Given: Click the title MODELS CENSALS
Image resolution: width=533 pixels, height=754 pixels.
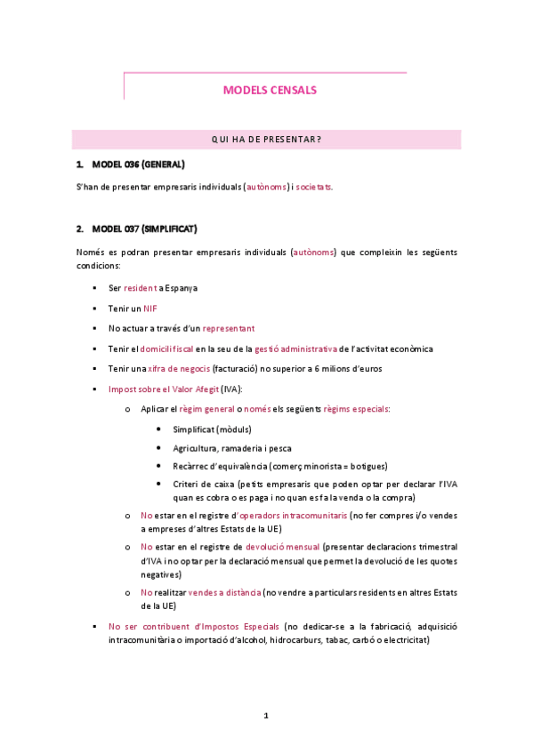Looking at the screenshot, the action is click(x=269, y=90).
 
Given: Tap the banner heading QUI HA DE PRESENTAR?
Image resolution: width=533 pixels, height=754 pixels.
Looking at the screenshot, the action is click(x=266, y=140).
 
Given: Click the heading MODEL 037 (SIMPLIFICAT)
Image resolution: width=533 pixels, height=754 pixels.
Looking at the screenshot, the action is click(x=144, y=229).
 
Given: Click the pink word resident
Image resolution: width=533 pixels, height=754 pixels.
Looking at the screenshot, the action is click(x=138, y=288).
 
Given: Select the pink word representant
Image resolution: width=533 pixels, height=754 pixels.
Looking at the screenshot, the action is click(x=229, y=328).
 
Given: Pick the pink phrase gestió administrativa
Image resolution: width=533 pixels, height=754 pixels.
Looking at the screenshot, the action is click(x=296, y=349).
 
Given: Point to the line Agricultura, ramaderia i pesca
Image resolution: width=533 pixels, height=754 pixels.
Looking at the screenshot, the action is click(x=232, y=448).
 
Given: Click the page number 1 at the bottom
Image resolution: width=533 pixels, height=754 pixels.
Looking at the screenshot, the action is click(x=265, y=716).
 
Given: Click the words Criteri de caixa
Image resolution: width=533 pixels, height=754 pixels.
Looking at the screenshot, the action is click(x=204, y=485).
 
